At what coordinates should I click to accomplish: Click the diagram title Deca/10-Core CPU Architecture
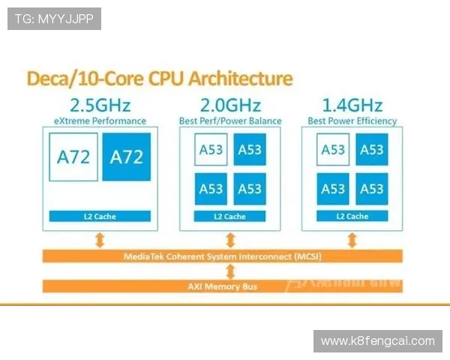click(160, 79)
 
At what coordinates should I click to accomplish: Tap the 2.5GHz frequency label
click(100, 104)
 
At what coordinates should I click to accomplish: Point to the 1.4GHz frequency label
click(352, 104)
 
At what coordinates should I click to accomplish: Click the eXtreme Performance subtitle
click(100, 121)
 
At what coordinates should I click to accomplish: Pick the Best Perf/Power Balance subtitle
click(230, 121)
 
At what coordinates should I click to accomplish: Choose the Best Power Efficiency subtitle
click(352, 121)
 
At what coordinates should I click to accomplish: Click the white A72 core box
click(73, 157)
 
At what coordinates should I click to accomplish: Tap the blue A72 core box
click(126, 157)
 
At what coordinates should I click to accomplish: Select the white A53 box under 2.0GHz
click(211, 149)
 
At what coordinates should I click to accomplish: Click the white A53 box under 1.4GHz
click(332, 149)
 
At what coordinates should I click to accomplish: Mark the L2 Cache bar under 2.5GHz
click(100, 216)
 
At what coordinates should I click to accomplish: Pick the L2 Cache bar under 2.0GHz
click(230, 216)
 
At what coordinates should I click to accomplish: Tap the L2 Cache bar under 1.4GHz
click(352, 216)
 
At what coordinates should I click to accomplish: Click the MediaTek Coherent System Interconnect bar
click(222, 256)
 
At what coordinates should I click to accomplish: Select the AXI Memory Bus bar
click(222, 286)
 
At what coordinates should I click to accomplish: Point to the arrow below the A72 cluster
click(100, 239)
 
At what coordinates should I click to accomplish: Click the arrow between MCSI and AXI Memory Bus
click(230, 271)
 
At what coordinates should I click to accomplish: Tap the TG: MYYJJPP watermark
click(54, 19)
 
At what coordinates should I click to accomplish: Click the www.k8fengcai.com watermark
click(377, 341)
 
